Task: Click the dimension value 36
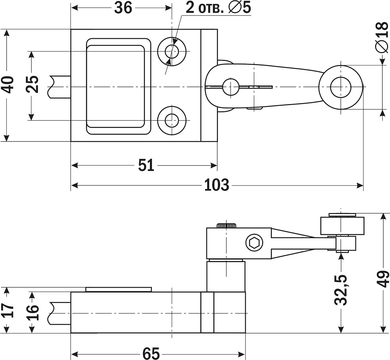123,8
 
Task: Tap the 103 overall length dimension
216,185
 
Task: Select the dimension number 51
146,165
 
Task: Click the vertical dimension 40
8,85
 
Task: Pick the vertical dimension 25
32,84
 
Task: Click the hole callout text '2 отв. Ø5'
218,8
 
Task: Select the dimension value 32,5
341,290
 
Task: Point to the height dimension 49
383,279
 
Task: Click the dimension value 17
8,310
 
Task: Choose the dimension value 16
32,313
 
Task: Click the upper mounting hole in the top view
172,52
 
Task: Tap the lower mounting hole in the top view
172,121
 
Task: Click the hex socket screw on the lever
254,243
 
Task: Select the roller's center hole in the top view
341,87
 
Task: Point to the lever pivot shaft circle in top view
231,87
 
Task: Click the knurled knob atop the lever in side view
227,225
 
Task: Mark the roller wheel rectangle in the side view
342,226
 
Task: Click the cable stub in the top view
59,87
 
